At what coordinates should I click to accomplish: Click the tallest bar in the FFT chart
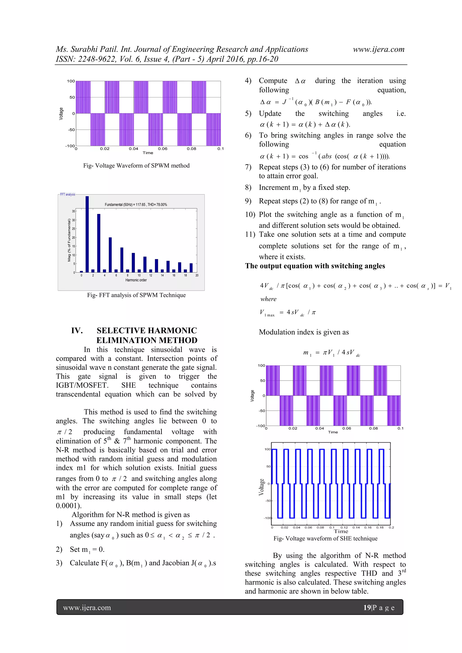point(87,234)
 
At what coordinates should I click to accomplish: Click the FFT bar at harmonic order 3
point(99,243)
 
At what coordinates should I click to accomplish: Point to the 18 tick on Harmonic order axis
point(185,275)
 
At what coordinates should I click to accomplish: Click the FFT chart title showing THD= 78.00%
point(136,205)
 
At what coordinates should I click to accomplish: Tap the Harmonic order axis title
point(136,280)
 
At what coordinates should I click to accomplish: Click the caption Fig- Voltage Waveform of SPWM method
point(136,166)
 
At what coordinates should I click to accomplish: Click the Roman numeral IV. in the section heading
point(77,331)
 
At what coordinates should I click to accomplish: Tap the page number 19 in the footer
point(367,607)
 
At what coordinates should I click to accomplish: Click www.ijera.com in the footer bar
point(87,608)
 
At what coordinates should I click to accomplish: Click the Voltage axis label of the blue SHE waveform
point(261,487)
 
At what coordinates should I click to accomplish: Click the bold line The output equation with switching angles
point(315,266)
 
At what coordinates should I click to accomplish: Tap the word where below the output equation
point(268,299)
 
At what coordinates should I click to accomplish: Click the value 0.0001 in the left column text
point(67,506)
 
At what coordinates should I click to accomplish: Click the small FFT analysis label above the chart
point(67,195)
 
